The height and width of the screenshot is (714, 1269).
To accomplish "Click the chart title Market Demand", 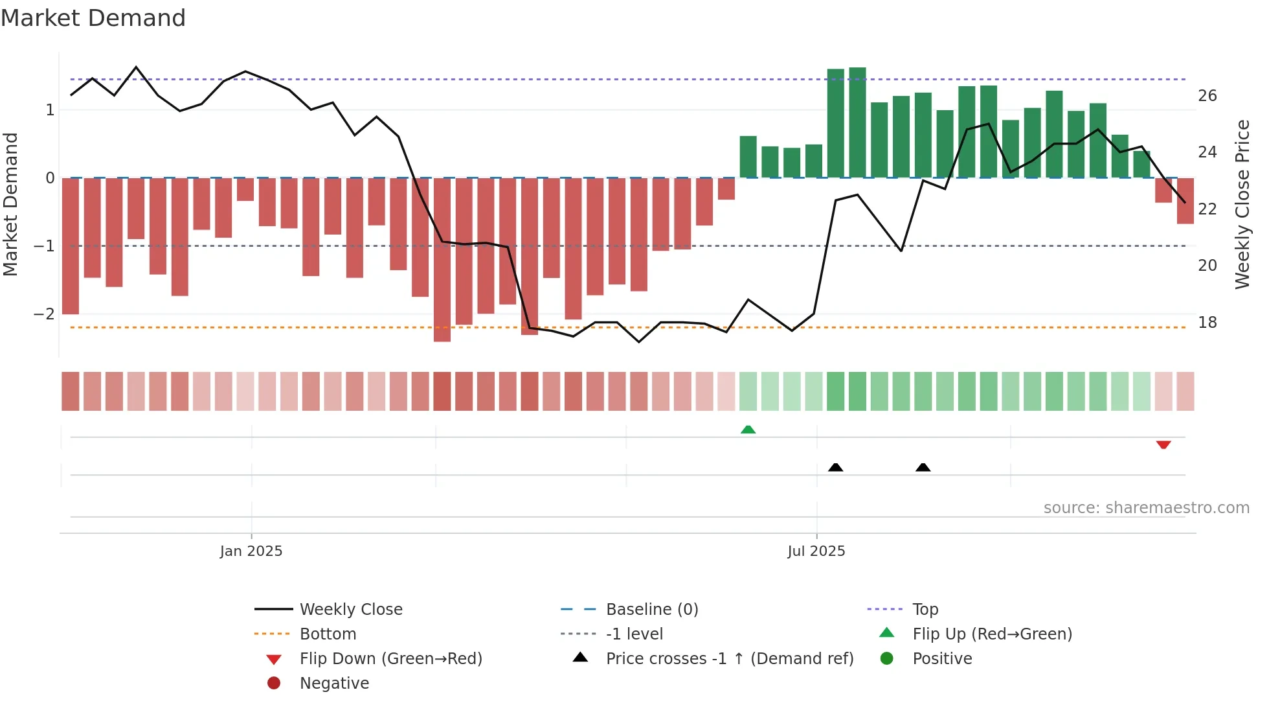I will [93, 18].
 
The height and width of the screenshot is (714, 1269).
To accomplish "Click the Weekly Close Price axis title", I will [1242, 204].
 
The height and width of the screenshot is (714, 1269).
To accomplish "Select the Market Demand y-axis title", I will [10, 204].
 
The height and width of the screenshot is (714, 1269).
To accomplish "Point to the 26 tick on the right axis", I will [1207, 96].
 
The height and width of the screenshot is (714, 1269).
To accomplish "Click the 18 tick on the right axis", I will [1207, 322].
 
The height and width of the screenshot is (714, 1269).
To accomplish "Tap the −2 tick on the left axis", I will [44, 314].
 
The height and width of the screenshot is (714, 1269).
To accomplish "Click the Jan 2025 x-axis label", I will [251, 551].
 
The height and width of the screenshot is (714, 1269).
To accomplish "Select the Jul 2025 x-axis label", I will [816, 551].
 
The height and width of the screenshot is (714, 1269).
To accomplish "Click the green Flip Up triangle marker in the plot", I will [748, 430].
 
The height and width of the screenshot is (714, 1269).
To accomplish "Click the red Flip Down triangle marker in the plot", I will [1163, 444].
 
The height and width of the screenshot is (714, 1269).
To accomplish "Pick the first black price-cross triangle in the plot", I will [835, 467].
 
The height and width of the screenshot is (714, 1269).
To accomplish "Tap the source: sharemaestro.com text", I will [1146, 507].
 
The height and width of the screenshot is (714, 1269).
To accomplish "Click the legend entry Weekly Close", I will [350, 609].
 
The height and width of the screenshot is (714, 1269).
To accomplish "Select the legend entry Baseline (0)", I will [651, 609].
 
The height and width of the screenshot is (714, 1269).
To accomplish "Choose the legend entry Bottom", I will [328, 634].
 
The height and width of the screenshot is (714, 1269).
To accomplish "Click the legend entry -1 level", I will [634, 634].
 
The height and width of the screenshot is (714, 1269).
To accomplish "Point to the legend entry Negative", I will [334, 683].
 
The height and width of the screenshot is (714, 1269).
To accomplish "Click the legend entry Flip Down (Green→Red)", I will [390, 658].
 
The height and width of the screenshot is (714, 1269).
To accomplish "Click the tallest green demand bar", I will [857, 123].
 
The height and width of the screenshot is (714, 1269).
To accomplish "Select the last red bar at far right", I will [1185, 201].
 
